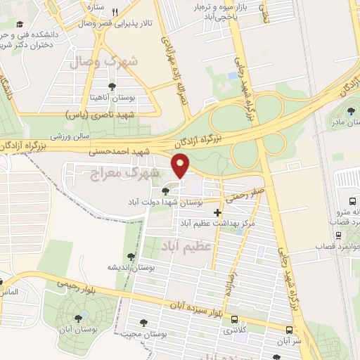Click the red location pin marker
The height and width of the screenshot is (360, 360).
pyautogui.click(x=181, y=166)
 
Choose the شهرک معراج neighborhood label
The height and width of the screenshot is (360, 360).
pyautogui.click(x=132, y=172)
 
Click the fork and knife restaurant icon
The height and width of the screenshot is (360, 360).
pyautogui.click(x=115, y=12)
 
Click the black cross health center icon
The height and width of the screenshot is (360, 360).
pyautogui.click(x=217, y=212)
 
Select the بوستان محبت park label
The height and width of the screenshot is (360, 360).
pyautogui.click(x=163, y=336)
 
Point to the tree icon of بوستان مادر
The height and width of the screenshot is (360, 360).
pyautogui.click(x=352, y=111)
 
